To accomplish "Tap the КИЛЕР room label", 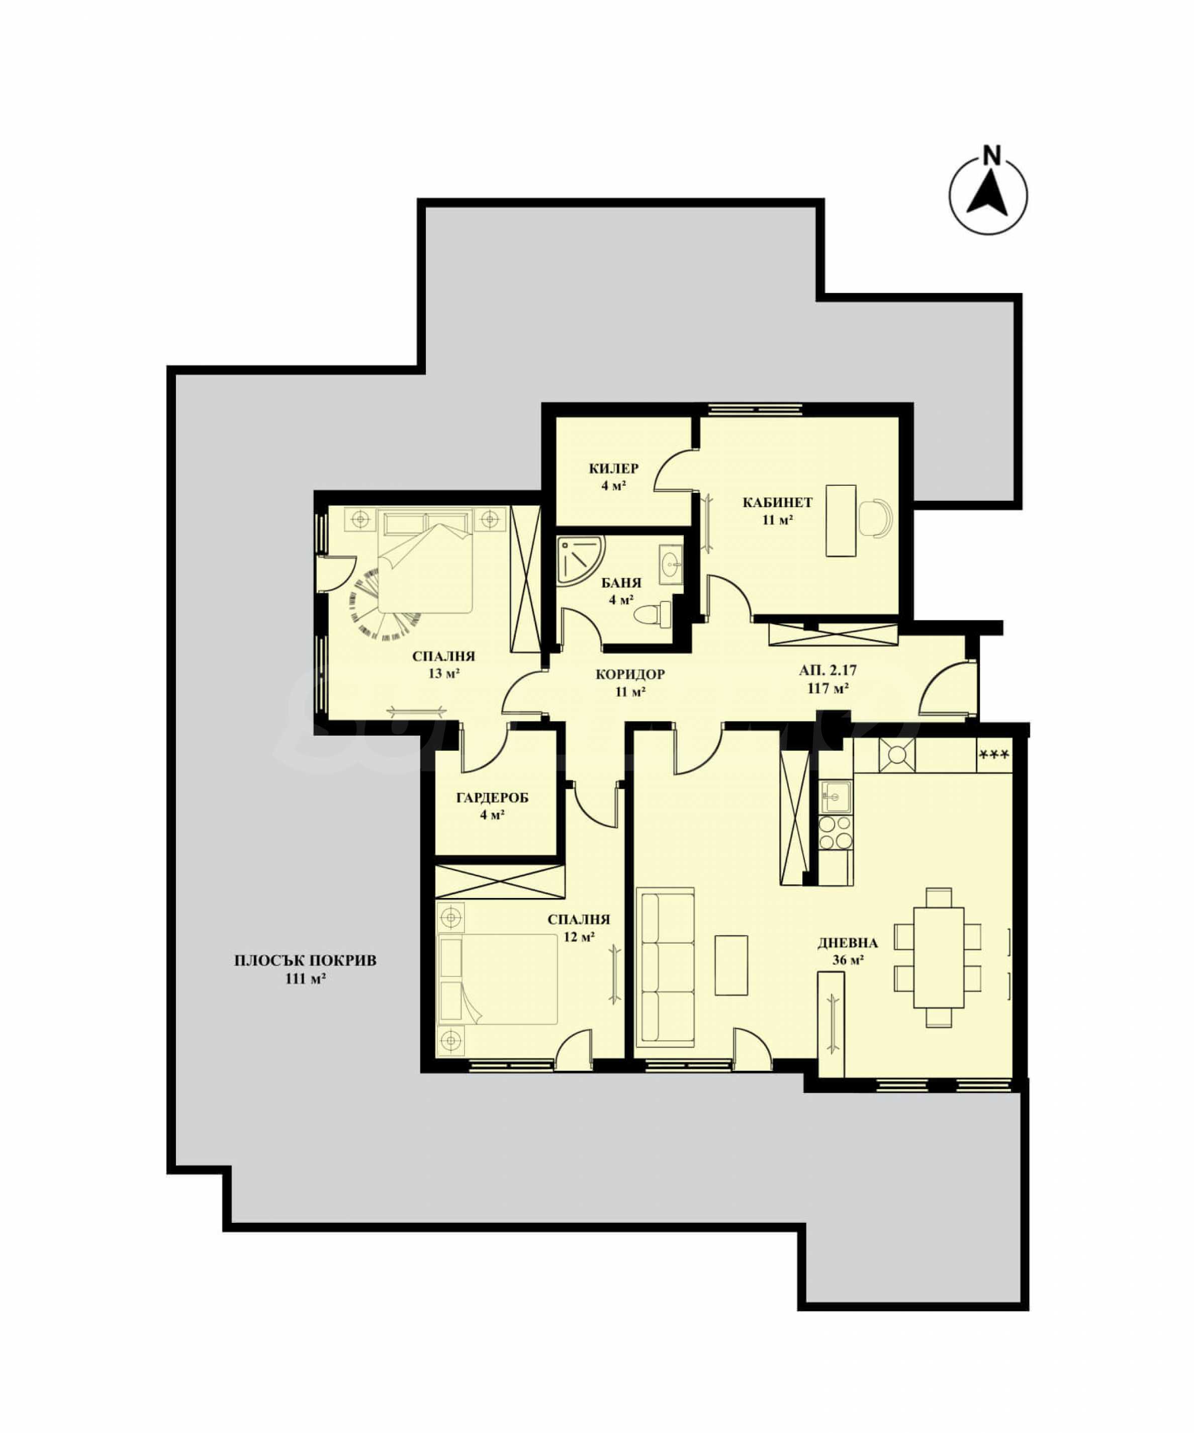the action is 614,468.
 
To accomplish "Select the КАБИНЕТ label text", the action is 777,503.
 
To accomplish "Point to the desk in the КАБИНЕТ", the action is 841,520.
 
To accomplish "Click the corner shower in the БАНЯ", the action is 580,560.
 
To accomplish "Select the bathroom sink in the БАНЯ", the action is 671,564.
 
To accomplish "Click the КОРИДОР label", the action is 630,675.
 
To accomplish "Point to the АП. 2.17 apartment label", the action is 828,671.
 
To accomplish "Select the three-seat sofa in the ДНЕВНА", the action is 665,967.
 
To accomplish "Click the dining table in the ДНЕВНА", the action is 939,957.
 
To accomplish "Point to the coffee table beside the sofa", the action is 731,965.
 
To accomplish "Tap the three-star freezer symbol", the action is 994,755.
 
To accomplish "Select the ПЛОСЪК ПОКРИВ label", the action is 305,961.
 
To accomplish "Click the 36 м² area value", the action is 848,960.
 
